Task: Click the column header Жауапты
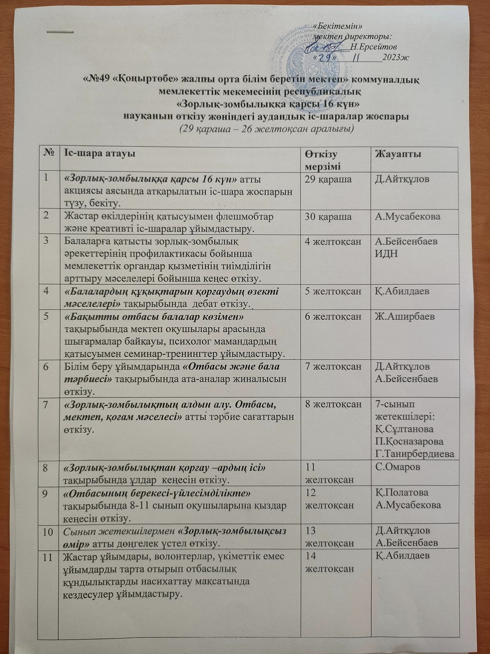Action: [x=398, y=154]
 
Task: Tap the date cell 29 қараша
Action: [x=329, y=179]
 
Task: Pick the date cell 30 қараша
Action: [x=329, y=217]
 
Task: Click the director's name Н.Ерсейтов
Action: [x=373, y=47]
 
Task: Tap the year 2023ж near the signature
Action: [x=396, y=57]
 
